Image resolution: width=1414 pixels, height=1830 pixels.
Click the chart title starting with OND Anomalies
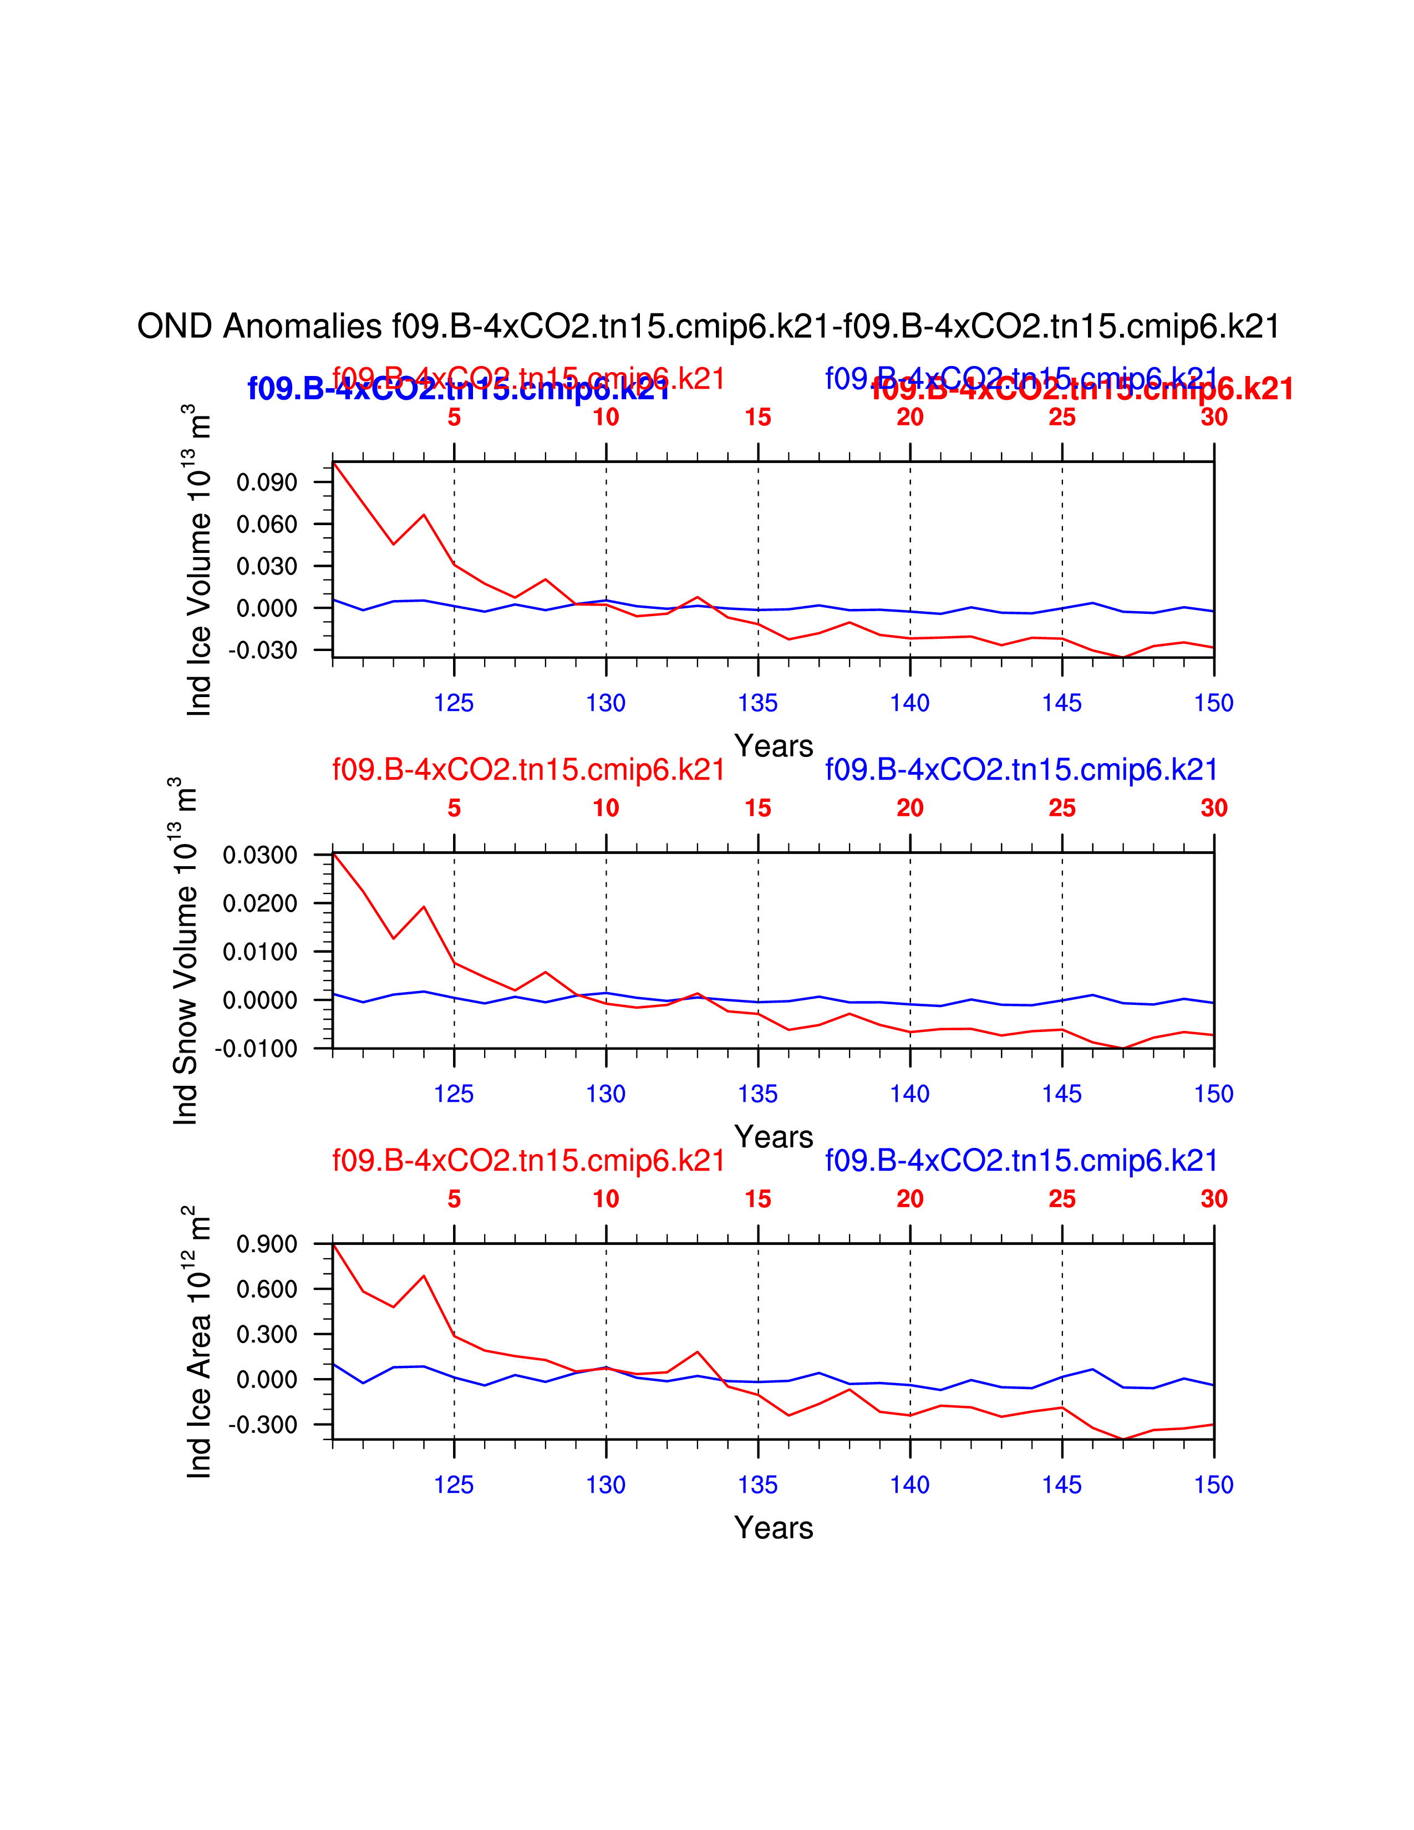(708, 326)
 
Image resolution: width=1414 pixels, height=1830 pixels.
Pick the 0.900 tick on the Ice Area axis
(266, 1244)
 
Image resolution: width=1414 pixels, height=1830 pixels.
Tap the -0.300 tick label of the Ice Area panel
(262, 1425)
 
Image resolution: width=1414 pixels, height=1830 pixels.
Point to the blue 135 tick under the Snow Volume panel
(757, 1094)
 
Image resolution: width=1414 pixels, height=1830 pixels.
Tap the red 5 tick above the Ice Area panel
(454, 1199)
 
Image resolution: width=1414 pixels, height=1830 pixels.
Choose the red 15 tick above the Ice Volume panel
(757, 417)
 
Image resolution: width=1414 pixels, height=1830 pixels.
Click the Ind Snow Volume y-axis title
(185, 951)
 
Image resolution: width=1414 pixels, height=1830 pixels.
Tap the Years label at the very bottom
(773, 1528)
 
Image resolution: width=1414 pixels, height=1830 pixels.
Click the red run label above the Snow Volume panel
(528, 769)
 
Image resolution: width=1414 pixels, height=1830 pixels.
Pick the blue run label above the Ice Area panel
(1021, 1161)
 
